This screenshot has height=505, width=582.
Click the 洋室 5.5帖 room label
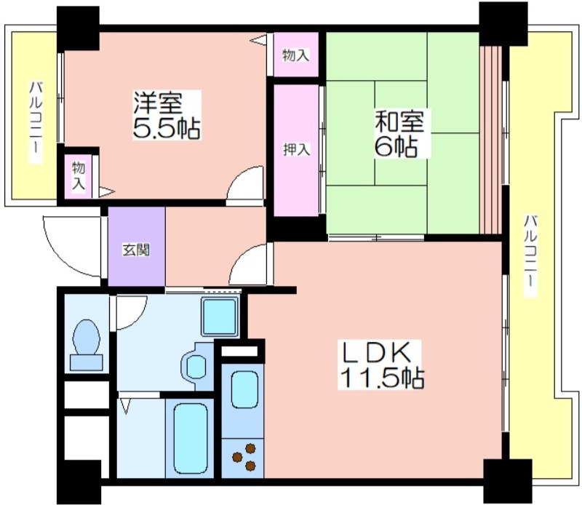tap(167, 115)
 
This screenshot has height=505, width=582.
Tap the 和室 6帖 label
tap(399, 133)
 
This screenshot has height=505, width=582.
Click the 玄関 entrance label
tap(136, 250)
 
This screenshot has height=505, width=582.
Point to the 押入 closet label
tap(297, 149)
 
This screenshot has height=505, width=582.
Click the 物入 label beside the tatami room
tap(296, 55)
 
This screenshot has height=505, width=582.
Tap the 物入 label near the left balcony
tap(79, 176)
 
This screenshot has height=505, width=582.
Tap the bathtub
tap(190, 439)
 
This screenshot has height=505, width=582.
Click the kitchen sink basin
tap(244, 389)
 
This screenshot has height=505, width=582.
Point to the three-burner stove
tap(244, 457)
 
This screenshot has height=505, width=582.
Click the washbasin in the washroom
tap(195, 366)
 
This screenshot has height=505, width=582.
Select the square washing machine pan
tap(220, 317)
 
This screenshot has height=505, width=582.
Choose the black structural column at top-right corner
tap(503, 24)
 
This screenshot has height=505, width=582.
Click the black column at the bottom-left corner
tap(79, 482)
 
